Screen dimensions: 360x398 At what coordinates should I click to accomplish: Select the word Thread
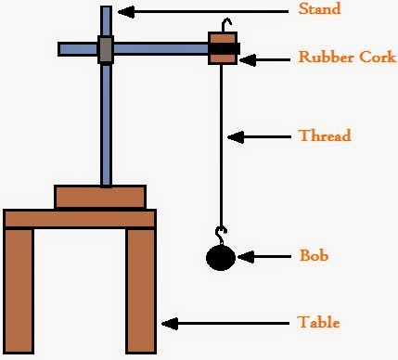tap(324, 136)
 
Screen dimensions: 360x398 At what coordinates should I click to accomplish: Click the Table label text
tap(318, 323)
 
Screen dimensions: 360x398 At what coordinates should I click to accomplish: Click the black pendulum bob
tap(221, 257)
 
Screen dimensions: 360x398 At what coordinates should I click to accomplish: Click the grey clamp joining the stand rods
tap(106, 48)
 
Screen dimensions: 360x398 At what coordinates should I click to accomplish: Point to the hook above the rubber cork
tap(223, 24)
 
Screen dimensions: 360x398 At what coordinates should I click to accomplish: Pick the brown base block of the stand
tap(100, 197)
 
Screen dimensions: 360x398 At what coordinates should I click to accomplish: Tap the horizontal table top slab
tap(80, 218)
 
